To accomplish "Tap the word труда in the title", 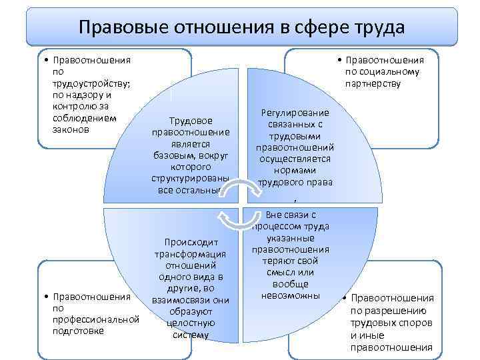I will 378,27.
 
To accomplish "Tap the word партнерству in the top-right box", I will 373,83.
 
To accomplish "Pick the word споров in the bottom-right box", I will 414,323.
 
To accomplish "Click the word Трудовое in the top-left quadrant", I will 191,121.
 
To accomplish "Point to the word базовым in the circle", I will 170,155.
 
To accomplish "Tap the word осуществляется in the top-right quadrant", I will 295,158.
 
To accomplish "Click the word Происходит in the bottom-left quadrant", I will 191,243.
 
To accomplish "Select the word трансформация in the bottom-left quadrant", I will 191,254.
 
